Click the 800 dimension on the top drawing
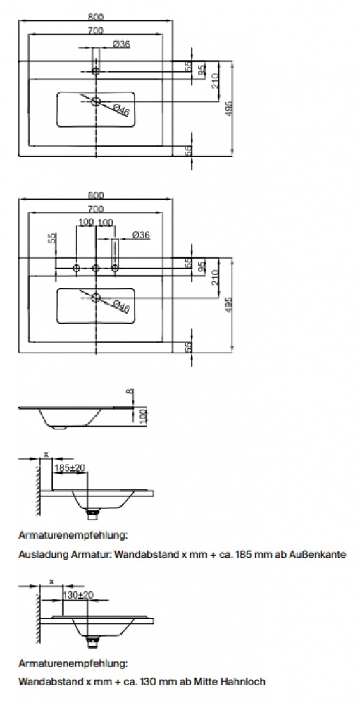[x=96, y=17]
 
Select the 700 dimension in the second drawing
[x=96, y=209]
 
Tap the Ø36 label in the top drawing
[x=121, y=44]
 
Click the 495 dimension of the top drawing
[x=229, y=109]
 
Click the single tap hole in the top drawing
[x=96, y=71]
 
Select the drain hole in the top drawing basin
[x=96, y=101]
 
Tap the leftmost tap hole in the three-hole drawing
[x=76, y=269]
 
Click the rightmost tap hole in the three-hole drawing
[x=115, y=269]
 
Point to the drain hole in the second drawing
[x=96, y=298]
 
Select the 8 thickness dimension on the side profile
[x=130, y=392]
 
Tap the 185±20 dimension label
[x=70, y=468]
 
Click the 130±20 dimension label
[x=78, y=595]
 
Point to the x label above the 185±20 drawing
[x=46, y=454]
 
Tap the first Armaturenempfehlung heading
[x=73, y=536]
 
